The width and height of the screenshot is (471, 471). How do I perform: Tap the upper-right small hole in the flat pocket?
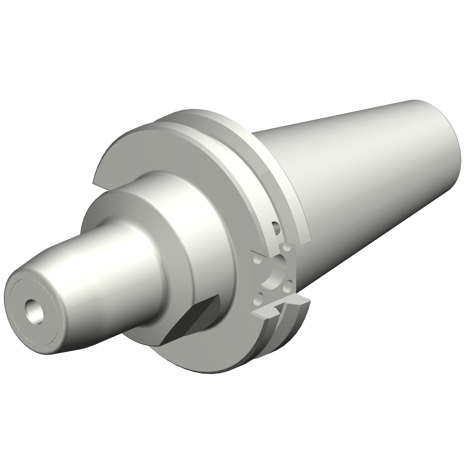[x=286, y=248]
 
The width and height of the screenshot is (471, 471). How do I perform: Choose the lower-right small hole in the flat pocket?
[x=288, y=286]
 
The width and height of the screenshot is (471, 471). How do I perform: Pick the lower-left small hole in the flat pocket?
[x=259, y=298]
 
